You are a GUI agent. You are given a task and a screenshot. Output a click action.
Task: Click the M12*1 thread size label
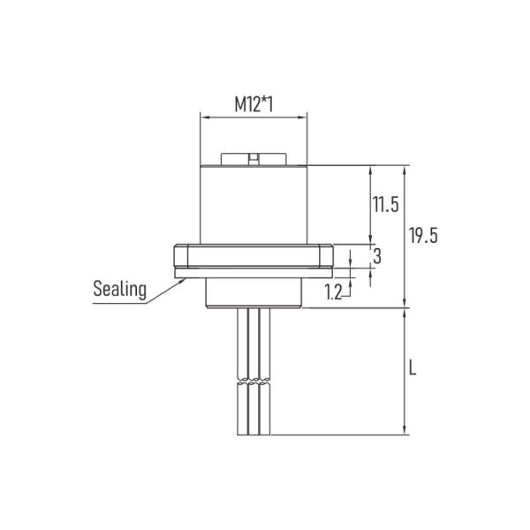click(x=254, y=104)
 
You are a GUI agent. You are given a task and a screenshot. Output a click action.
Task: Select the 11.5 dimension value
click(x=385, y=205)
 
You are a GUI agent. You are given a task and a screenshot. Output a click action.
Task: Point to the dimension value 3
click(x=377, y=257)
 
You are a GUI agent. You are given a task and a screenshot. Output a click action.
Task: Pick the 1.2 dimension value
click(x=333, y=292)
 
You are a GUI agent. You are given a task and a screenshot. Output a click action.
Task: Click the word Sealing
click(x=119, y=288)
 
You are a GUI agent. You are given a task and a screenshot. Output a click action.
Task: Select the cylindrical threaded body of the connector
click(x=254, y=203)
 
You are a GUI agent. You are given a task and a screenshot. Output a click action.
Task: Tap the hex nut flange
click(x=254, y=257)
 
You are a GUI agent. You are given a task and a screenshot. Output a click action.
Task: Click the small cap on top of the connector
click(x=254, y=159)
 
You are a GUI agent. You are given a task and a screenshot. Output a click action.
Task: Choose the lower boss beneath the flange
click(x=254, y=292)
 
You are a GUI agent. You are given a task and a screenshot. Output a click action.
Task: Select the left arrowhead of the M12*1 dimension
click(x=204, y=116)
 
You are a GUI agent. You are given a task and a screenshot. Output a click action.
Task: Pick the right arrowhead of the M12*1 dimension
click(x=303, y=116)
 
